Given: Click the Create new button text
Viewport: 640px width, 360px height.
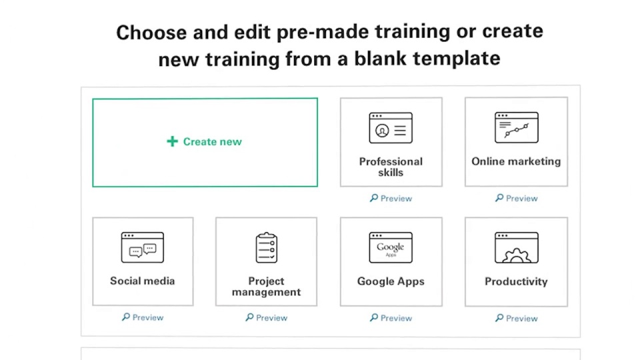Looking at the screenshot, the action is point(212,141).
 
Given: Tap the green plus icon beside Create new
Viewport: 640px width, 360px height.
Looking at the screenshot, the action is point(172,141).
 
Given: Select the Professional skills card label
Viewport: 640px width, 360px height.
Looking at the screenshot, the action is point(391,167).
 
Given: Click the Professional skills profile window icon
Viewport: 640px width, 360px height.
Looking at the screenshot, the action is point(391,128).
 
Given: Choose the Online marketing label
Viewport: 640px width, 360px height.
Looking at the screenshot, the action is point(516,161).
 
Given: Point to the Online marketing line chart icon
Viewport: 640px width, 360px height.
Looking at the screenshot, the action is point(516,127).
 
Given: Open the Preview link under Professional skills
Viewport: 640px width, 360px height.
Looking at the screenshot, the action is point(391,199).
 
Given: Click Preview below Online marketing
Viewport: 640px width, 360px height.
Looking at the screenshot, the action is point(516,199).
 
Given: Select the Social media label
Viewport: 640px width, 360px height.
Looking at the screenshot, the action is point(143,281).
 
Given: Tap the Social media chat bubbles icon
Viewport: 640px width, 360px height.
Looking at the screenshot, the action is point(143,247).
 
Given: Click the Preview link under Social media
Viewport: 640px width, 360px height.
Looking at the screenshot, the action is point(143,317).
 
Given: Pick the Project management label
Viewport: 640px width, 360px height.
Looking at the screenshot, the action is point(266,287).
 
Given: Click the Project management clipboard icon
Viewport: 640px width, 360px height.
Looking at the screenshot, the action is point(267,247).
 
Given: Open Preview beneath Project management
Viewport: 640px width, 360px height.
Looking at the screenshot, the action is point(267,318).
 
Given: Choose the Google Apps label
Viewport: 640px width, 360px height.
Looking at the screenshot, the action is point(391,281).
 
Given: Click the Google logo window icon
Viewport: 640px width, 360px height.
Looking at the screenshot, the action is point(391,247).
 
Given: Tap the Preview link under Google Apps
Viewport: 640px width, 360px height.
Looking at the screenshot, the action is point(391,318).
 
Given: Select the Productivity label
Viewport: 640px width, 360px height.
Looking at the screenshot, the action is point(516,281).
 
